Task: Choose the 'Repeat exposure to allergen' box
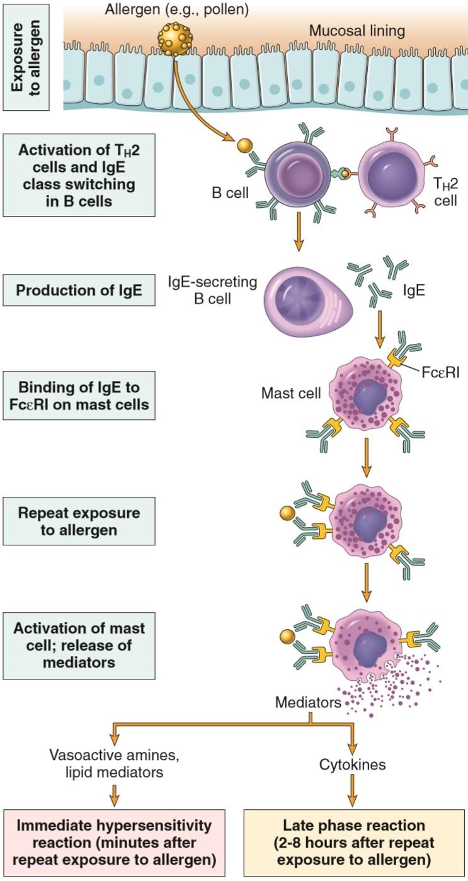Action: click(x=78, y=521)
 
